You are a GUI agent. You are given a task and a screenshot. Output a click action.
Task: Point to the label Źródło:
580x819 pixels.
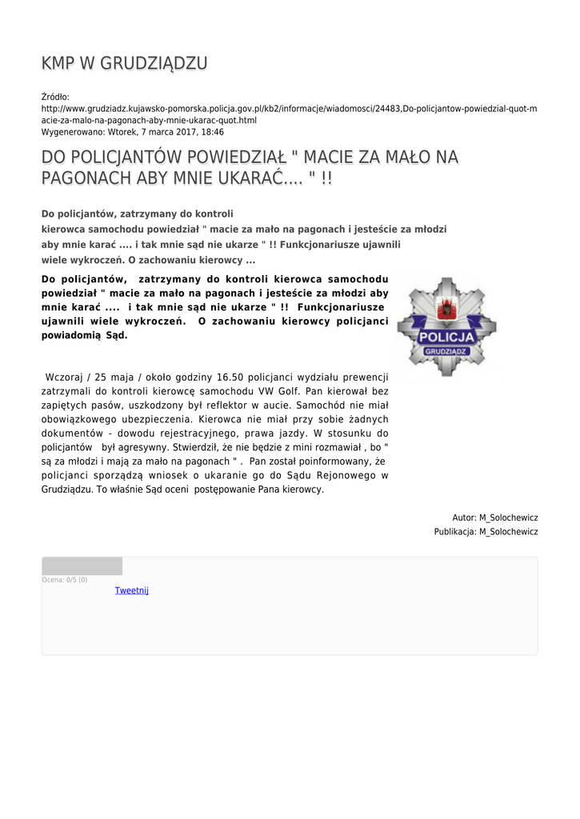(55, 97)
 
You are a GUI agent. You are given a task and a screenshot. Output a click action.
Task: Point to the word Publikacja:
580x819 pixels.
(455, 532)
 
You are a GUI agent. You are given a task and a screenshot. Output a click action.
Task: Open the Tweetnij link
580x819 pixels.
(132, 591)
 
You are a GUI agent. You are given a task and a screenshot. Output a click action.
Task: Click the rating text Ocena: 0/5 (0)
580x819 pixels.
(65, 580)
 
